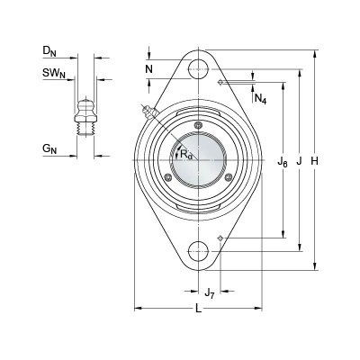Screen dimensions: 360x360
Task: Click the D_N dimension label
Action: [49, 51]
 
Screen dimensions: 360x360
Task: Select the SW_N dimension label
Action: [54, 73]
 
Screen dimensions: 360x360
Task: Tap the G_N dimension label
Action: [49, 148]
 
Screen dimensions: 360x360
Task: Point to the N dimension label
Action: [149, 69]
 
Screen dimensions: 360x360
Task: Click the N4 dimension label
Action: [260, 98]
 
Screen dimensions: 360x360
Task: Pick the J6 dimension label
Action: [283, 163]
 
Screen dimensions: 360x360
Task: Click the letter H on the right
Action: [314, 161]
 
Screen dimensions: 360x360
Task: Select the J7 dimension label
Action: [210, 292]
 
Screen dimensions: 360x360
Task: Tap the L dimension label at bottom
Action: [198, 309]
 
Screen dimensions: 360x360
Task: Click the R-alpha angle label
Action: [186, 155]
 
